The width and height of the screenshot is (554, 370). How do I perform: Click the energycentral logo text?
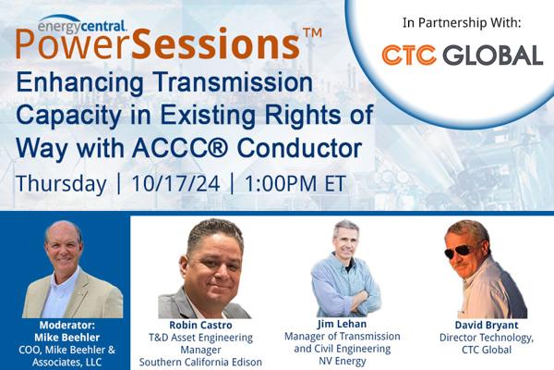click(x=82, y=26)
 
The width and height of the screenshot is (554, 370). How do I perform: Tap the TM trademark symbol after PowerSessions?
click(x=312, y=33)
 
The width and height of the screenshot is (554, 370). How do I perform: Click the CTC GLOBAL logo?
click(x=463, y=55)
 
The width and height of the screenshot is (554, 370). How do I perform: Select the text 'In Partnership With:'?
click(x=462, y=23)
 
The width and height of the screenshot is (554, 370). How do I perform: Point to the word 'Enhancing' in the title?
click(x=79, y=83)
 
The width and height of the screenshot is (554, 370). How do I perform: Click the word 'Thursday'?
click(x=61, y=184)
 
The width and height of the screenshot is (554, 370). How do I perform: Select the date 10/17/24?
click(x=175, y=183)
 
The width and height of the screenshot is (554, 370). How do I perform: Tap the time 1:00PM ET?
click(x=295, y=183)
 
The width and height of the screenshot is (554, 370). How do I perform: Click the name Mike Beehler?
click(x=67, y=337)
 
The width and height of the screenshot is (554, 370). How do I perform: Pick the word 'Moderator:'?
click(x=67, y=325)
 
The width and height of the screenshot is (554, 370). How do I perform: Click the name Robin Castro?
click(x=200, y=325)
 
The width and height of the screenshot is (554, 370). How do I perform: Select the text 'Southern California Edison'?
click(x=200, y=362)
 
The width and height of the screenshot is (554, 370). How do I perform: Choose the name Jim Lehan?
click(x=342, y=324)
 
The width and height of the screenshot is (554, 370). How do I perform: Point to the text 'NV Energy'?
click(x=342, y=361)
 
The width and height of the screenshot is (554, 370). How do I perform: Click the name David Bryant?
click(x=487, y=325)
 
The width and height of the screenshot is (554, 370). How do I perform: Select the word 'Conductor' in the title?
click(x=299, y=148)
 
